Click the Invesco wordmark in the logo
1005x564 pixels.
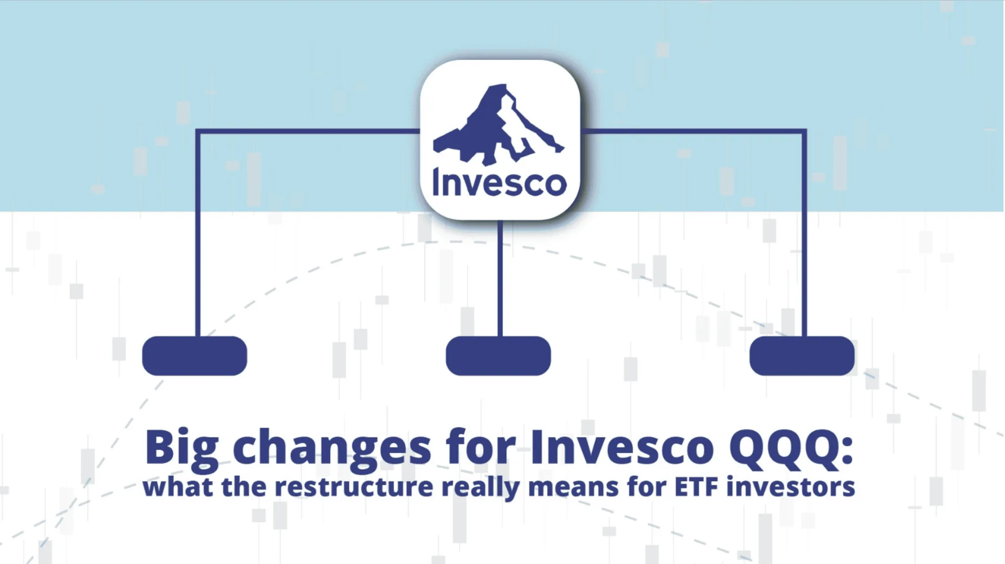tap(499, 183)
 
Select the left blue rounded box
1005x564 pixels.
tap(195, 356)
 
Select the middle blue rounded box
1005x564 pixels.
tap(498, 356)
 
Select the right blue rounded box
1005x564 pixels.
tap(802, 356)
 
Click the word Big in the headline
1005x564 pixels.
tap(182, 448)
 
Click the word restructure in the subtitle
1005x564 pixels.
tap(354, 487)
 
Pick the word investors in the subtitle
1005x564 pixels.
tap(791, 487)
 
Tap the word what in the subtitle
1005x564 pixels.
tap(178, 487)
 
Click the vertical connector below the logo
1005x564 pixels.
tap(500, 277)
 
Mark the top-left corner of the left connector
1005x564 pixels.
tap(198, 131)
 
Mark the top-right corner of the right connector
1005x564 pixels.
tap(804, 131)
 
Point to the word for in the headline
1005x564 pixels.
tap(481, 448)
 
